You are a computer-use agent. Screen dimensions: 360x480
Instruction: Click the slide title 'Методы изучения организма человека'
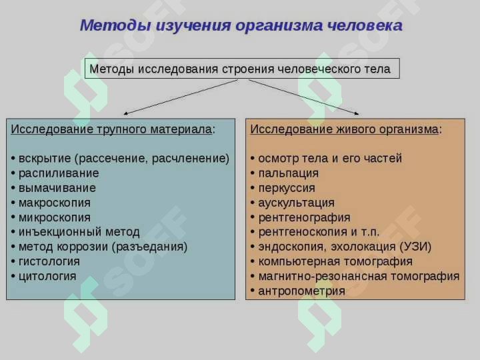point(241,26)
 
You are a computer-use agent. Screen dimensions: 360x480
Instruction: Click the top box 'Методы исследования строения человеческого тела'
point(241,69)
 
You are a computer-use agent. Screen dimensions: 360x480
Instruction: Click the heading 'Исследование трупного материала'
point(112,129)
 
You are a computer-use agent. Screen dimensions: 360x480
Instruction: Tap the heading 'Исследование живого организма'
point(345,129)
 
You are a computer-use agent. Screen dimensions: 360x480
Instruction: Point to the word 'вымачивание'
point(57,188)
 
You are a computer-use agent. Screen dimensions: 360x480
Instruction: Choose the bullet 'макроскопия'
point(54,203)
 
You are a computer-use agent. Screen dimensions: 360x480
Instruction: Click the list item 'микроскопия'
point(54,217)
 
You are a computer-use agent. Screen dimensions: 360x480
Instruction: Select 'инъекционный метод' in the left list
point(79,232)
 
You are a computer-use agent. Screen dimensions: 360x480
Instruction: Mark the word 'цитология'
point(47,276)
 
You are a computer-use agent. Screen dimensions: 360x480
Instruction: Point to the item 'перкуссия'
point(287,188)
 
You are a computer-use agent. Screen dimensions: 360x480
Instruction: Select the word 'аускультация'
point(296,203)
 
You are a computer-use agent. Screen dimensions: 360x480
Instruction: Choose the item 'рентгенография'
point(304,217)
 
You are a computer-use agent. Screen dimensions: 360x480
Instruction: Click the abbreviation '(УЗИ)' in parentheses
point(415,247)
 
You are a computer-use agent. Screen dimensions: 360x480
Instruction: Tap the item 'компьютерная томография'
point(335,261)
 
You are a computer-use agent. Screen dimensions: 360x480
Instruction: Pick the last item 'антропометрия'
point(301,291)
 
